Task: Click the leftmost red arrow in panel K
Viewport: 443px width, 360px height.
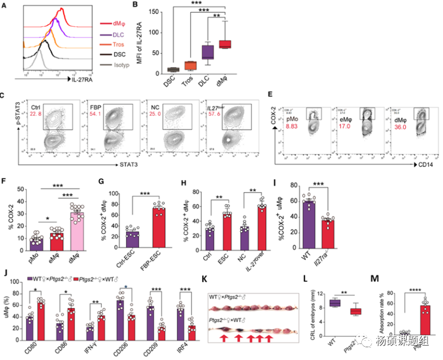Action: click(x=223, y=339)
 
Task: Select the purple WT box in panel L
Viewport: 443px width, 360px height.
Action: click(x=335, y=303)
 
